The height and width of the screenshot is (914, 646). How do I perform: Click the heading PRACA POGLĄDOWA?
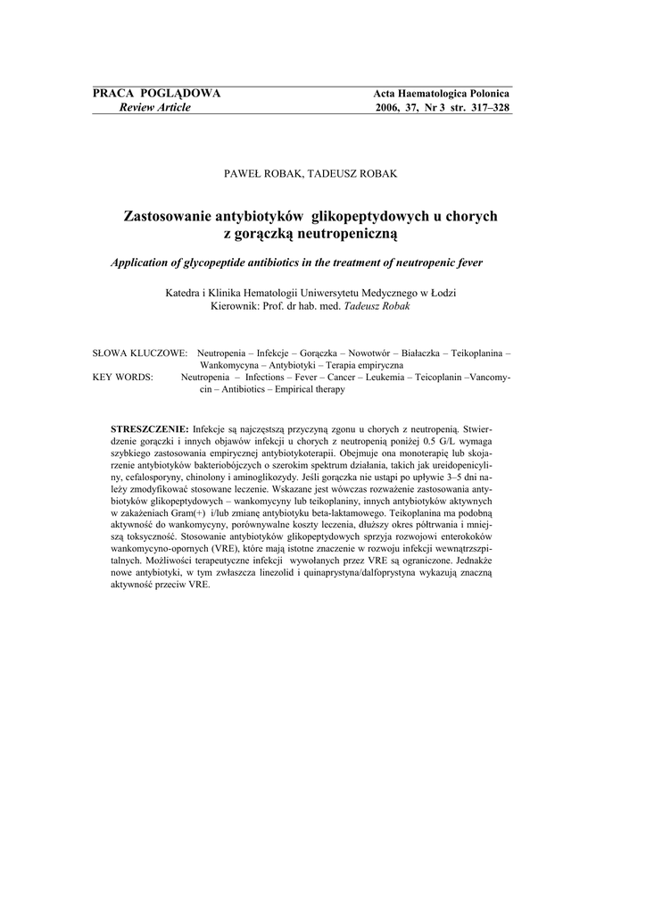pyautogui.click(x=157, y=94)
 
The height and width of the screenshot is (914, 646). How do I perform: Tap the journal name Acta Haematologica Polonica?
pyautogui.click(x=441, y=95)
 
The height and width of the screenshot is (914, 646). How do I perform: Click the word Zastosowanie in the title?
pyautogui.click(x=172, y=217)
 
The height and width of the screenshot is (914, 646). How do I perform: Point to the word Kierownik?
pyautogui.click(x=235, y=305)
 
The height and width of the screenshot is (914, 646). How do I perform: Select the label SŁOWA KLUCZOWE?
pyautogui.click(x=140, y=353)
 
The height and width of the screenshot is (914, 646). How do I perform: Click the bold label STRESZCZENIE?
pyautogui.click(x=149, y=428)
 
